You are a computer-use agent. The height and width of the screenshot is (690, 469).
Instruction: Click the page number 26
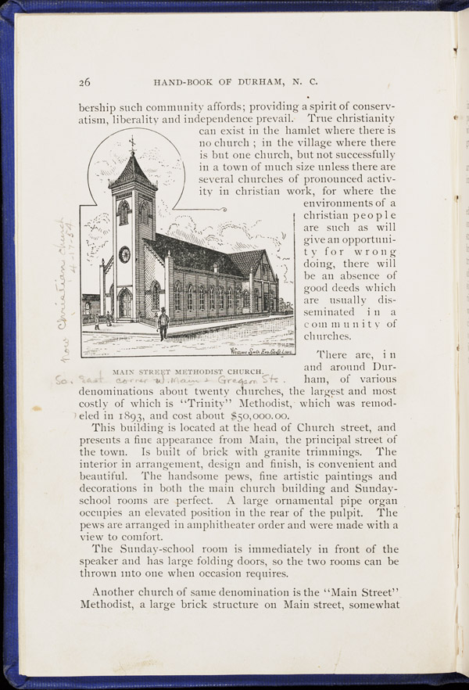(85, 82)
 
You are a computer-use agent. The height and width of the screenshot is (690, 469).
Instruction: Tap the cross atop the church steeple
(132, 142)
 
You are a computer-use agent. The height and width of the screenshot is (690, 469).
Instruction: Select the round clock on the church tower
(124, 254)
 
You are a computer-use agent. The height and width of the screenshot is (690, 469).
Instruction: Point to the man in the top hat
(163, 322)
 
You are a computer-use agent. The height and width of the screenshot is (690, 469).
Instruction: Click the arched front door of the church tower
(125, 304)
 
